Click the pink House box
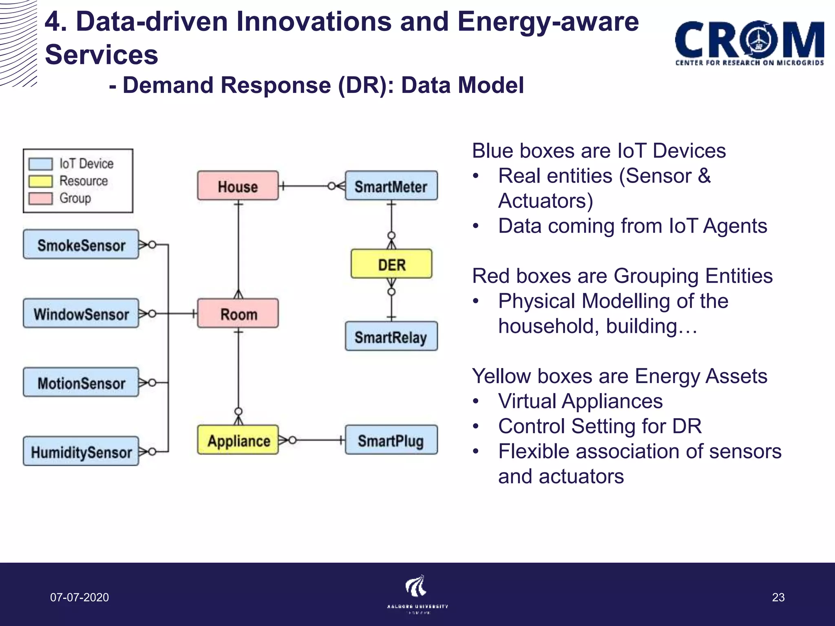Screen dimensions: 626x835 [x=238, y=186]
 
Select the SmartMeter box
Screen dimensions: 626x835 [x=391, y=186]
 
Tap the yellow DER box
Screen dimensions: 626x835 [x=391, y=264]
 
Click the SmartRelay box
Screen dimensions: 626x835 [x=391, y=336]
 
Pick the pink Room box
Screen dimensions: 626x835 [x=238, y=313]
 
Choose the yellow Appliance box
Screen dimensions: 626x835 [x=238, y=440]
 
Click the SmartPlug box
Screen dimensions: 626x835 [x=391, y=440]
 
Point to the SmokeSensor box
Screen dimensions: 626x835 [x=81, y=245]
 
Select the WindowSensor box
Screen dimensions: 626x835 [x=81, y=313]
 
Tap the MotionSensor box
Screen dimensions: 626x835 [x=81, y=382]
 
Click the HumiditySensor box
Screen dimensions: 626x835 [x=81, y=452]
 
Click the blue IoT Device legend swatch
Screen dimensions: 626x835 [x=40, y=164]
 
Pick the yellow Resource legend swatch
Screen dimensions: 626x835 [x=40, y=181]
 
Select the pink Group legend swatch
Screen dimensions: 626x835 [x=40, y=198]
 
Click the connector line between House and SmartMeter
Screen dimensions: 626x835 [x=306, y=186]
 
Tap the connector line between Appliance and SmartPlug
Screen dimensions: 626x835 [x=318, y=440]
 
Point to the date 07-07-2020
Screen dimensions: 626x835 [x=80, y=597]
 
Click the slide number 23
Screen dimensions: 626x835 [x=778, y=597]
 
